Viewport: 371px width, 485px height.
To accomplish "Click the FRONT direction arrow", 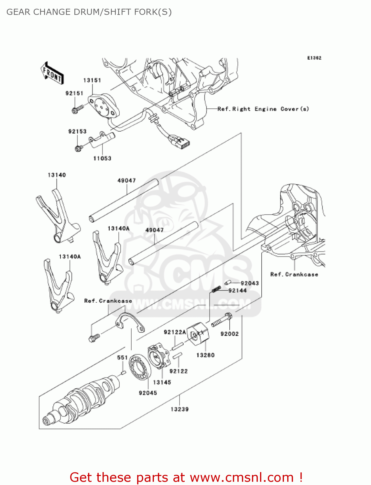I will tap(52, 73).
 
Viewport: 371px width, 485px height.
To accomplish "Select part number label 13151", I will tap(92, 80).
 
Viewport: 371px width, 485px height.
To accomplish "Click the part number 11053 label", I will tap(102, 158).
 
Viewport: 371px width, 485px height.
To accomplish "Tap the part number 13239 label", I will tap(180, 409).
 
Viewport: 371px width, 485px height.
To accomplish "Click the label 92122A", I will tap(175, 332).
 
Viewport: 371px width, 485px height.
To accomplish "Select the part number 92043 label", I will tap(250, 283).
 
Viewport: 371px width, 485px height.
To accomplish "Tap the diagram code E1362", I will tap(314, 58).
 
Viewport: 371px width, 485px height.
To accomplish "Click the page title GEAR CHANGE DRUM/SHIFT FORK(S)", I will tap(89, 12).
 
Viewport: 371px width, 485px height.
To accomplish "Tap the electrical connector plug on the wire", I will tap(179, 142).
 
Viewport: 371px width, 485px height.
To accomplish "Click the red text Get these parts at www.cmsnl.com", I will tap(186, 477).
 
